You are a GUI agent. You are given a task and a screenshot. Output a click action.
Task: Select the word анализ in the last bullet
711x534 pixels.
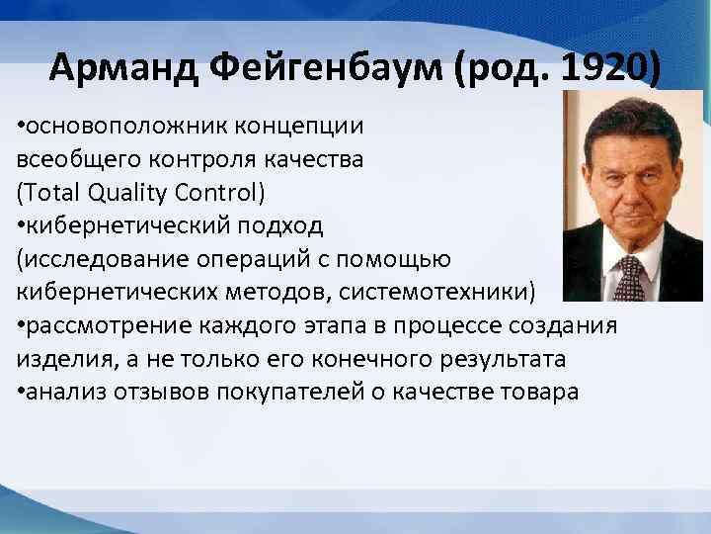pyautogui.click(x=64, y=392)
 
